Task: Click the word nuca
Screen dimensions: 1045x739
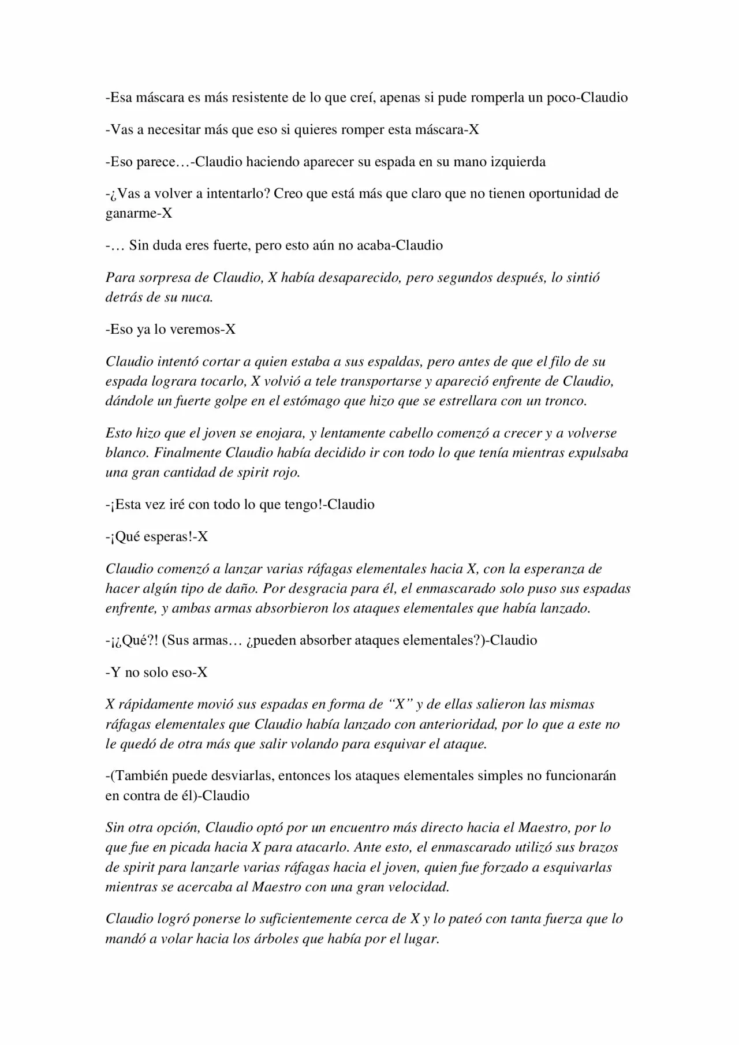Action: [x=198, y=298]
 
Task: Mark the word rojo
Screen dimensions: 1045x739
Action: [x=285, y=473]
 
